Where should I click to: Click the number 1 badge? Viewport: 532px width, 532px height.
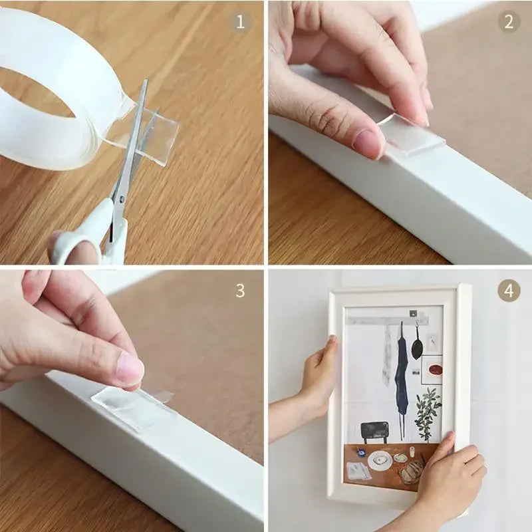click(241, 22)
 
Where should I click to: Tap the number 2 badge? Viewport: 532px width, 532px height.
click(509, 22)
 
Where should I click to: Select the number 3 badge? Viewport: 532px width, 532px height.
click(241, 291)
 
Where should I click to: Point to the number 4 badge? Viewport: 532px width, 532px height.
click(509, 291)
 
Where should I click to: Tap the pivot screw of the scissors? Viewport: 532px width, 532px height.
click(121, 198)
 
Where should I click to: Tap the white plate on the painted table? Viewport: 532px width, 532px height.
click(380, 460)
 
